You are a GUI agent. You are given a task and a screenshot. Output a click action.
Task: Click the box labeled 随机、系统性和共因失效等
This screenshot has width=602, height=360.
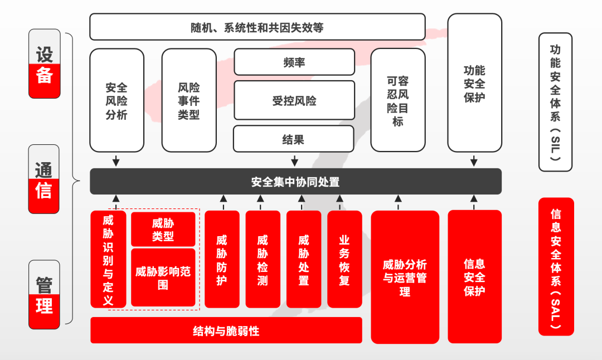[x=257, y=27]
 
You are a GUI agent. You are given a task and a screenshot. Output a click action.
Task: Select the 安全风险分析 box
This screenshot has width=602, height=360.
[x=116, y=101]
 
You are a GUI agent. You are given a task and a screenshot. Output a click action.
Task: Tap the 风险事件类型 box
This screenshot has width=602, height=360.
[x=189, y=101]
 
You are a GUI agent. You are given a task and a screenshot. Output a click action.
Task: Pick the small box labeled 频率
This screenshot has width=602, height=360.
[x=294, y=62]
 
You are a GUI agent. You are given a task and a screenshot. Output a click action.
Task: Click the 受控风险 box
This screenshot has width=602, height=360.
[x=294, y=100]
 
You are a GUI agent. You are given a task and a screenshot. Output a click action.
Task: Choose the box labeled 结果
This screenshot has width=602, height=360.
[x=293, y=139]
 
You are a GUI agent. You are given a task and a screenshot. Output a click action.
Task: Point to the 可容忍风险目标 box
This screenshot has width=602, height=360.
[x=397, y=101]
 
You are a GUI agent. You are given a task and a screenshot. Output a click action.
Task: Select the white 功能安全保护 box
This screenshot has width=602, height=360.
[x=474, y=84]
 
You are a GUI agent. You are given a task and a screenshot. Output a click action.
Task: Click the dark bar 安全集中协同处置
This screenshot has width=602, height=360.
[x=295, y=182]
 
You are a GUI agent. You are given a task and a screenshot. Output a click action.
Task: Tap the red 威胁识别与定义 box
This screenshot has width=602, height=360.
[x=108, y=259]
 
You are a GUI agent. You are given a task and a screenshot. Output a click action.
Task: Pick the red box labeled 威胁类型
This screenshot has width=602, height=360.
[x=163, y=229]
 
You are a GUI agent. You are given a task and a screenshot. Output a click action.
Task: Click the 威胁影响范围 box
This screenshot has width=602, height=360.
[x=163, y=278]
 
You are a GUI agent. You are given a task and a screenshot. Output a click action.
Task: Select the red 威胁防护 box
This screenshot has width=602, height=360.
[x=222, y=259]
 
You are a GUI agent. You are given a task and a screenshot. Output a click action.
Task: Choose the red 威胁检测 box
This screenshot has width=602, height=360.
[x=263, y=259]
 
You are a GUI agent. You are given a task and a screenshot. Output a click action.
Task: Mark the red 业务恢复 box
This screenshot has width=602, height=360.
[x=344, y=259]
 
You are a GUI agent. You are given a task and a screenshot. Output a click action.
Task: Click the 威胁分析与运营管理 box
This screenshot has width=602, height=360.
[x=405, y=277]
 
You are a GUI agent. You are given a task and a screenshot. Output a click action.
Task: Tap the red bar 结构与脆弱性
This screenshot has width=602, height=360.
[x=226, y=330]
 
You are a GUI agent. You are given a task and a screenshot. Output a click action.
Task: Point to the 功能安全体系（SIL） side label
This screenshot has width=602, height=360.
[x=555, y=102]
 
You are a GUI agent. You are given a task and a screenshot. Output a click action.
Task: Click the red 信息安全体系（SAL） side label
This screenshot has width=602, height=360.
[x=556, y=266]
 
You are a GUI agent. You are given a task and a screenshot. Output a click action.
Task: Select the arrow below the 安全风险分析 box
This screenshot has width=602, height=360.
[x=116, y=160]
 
